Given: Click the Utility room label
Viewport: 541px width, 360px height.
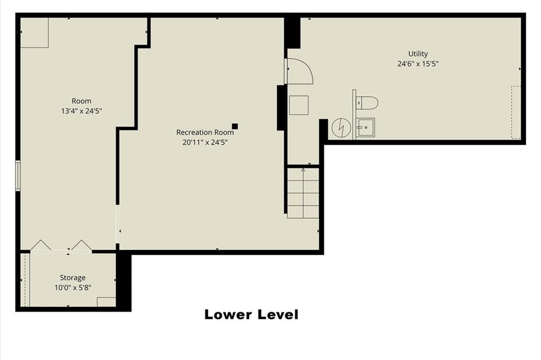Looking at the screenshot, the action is [x=418, y=53].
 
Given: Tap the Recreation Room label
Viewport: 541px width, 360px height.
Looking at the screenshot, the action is [x=205, y=132].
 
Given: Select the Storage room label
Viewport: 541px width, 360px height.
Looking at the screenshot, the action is [x=72, y=278].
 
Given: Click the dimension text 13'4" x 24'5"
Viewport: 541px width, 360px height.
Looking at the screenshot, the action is [x=81, y=111].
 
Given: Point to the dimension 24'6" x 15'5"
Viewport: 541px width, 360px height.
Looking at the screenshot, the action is [x=418, y=63].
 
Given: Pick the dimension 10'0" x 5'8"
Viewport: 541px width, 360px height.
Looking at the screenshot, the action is [x=72, y=288].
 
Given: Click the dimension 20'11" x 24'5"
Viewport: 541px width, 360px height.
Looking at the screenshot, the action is [x=205, y=142].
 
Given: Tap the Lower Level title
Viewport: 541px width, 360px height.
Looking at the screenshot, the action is [x=251, y=315].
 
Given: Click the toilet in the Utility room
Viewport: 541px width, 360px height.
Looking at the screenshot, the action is [x=367, y=103].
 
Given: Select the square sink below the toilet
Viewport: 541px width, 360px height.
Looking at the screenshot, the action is [x=366, y=127].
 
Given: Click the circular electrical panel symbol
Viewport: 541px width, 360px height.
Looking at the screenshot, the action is [x=341, y=127].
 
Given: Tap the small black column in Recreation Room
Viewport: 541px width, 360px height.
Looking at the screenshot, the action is [x=235, y=126].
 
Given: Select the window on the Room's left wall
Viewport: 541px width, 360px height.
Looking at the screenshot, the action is [x=18, y=176].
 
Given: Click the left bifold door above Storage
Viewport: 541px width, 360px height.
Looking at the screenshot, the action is [x=41, y=245].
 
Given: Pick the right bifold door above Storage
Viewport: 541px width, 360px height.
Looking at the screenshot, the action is [x=82, y=245].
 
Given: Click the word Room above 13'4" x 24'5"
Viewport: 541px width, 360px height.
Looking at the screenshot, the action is [x=81, y=101].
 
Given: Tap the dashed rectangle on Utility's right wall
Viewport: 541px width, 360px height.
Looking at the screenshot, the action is [x=516, y=112].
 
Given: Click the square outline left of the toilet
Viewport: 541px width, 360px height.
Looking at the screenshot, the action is [x=299, y=105].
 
